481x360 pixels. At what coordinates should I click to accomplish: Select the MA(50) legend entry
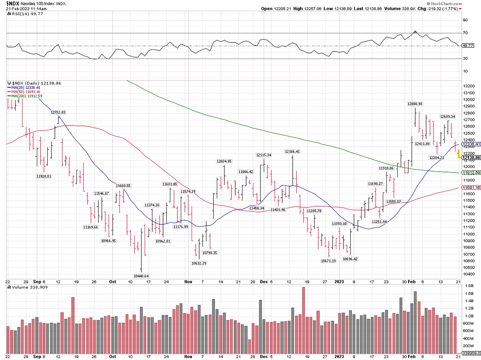tap(24, 91)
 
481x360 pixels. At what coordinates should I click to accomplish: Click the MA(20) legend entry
tap(24, 87)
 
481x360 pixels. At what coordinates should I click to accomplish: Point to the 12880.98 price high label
tap(415, 104)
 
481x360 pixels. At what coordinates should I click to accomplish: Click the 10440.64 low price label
tap(141, 276)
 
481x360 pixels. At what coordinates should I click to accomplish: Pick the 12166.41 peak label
tap(293, 152)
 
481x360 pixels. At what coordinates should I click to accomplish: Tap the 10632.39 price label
tap(199, 263)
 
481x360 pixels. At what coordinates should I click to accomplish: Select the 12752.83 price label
tap(58, 113)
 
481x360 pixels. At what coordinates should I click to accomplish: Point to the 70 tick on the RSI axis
tap(465, 33)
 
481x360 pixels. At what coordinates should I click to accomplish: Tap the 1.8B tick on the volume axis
tap(467, 285)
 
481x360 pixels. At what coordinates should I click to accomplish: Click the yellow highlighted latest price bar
tap(458, 153)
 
